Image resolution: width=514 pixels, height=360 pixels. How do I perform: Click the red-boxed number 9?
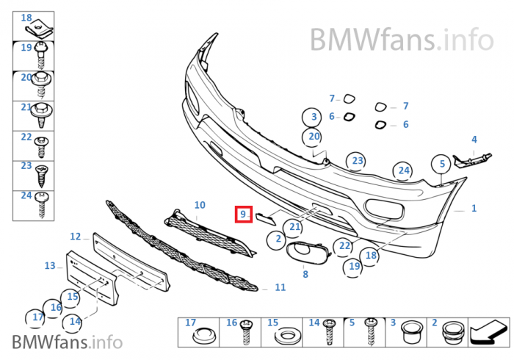click(243, 215)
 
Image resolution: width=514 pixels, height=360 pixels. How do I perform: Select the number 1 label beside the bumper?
click(474, 209)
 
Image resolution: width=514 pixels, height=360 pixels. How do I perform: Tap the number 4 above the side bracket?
click(474, 139)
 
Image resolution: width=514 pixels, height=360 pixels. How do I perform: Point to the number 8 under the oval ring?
click(305, 275)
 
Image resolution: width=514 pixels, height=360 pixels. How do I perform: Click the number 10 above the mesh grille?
click(200, 205)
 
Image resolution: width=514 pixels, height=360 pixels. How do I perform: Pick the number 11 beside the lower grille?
click(280, 287)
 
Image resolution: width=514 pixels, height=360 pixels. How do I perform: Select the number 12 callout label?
click(76, 237)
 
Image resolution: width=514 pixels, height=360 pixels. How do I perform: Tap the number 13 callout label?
click(50, 266)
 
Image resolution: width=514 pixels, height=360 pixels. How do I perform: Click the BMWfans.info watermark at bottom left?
click(66, 342)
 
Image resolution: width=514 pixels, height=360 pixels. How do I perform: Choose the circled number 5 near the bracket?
click(442, 164)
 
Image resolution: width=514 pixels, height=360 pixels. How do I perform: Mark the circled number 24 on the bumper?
click(403, 171)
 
